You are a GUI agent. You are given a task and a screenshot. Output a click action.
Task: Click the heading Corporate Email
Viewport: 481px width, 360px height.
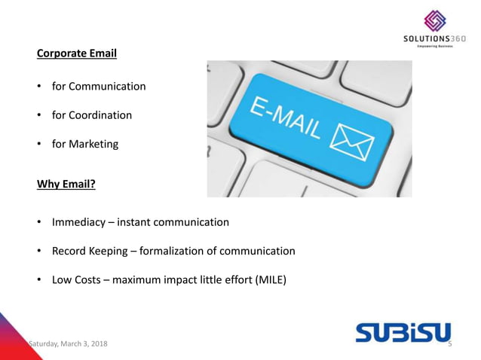(77, 54)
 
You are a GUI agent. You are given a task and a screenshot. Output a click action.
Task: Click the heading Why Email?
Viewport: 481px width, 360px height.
(70, 178)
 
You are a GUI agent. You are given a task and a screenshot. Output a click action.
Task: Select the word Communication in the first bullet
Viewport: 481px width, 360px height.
(108, 87)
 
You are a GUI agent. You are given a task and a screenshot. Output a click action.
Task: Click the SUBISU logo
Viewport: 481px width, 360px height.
(403, 331)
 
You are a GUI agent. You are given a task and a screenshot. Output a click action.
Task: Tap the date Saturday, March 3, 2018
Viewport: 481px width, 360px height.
(68, 344)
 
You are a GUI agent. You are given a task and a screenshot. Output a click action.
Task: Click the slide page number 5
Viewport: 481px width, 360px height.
(449, 344)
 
